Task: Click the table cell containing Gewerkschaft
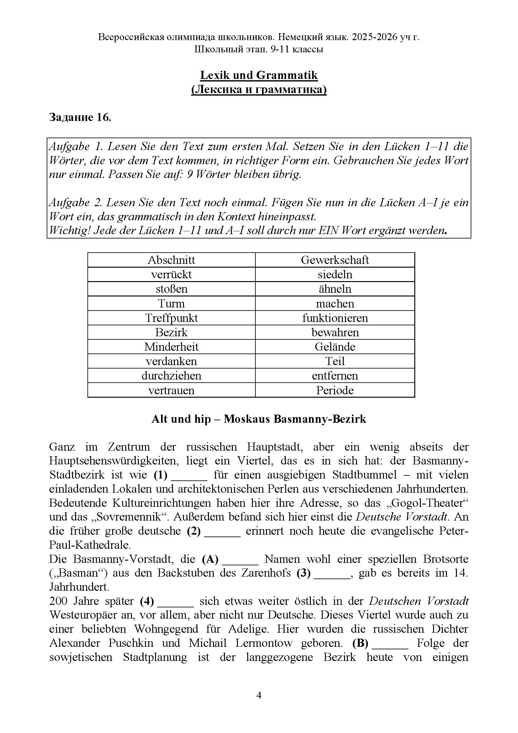[334, 260]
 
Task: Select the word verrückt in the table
[171, 274]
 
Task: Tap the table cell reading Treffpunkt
[171, 318]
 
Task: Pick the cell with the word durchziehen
[171, 375]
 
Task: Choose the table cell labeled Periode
[334, 390]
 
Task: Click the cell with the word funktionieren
[334, 318]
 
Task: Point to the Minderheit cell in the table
[171, 347]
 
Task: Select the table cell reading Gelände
[334, 347]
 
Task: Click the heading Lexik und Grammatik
[259, 75]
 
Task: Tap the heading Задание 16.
[80, 118]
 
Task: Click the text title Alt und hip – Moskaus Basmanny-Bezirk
[259, 419]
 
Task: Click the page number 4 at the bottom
[259, 695]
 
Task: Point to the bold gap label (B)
[360, 643]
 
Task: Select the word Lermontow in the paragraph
[264, 643]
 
